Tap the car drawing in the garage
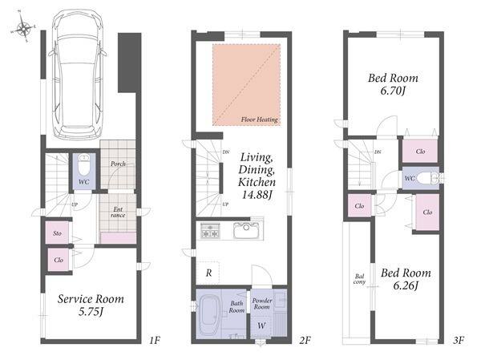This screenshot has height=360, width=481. click(x=77, y=75)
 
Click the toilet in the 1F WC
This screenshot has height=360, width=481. click(x=83, y=164)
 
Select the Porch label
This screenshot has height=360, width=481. click(x=118, y=164)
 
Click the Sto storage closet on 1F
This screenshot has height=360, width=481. click(x=57, y=233)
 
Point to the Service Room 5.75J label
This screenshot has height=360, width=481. click(x=91, y=305)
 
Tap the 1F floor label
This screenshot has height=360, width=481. click(x=155, y=341)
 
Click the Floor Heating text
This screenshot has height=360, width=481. click(x=259, y=119)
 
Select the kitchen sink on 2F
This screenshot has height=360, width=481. click(x=247, y=230)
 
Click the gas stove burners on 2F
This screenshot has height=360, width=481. click(x=210, y=230)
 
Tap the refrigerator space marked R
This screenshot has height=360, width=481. click(x=208, y=273)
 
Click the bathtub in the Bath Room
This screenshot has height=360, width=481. click(x=209, y=316)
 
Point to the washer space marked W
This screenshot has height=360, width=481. click(x=261, y=326)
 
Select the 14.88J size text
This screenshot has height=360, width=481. click(x=257, y=195)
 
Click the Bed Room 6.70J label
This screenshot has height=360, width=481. click(x=393, y=84)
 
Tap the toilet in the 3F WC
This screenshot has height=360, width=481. click(x=429, y=178)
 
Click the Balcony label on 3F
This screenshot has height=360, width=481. click(x=359, y=279)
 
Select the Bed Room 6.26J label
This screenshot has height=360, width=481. click(x=406, y=279)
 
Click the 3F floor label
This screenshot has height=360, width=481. click(x=459, y=341)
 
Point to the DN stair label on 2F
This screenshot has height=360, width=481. click(x=226, y=152)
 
